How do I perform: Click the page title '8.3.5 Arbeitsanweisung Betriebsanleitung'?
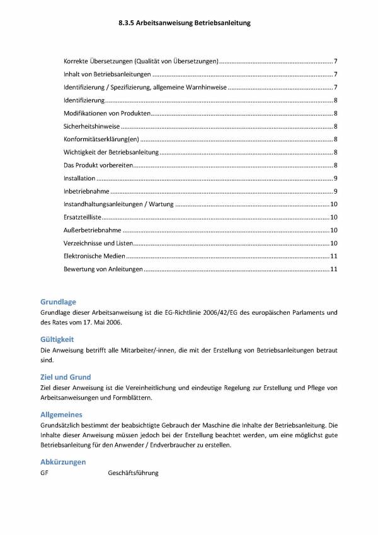coord(185,23)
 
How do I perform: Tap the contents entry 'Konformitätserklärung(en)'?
coord(100,139)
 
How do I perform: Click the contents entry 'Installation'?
coord(80,179)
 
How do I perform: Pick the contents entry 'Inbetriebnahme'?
coord(86,191)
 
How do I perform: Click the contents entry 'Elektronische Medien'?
coord(94,257)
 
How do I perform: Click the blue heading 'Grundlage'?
coord(58,302)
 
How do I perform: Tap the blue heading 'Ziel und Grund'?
coord(66,377)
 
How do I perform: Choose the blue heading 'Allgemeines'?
coord(61,414)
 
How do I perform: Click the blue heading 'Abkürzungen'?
coord(63,462)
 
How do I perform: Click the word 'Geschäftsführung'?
coord(134,473)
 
